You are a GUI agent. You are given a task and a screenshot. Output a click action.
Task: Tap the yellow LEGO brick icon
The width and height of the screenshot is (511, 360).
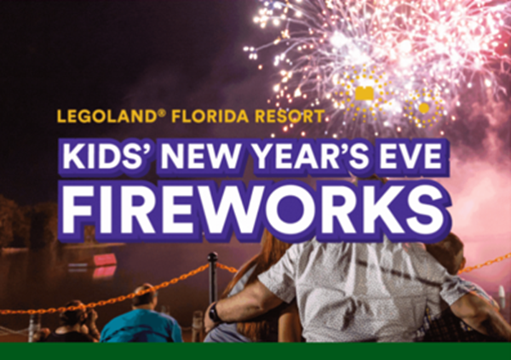click(365, 93)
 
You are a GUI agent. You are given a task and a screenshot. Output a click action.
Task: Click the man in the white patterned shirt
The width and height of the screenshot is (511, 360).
click(358, 294)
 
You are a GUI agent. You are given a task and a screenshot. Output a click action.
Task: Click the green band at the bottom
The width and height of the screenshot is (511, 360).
click(255, 351)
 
